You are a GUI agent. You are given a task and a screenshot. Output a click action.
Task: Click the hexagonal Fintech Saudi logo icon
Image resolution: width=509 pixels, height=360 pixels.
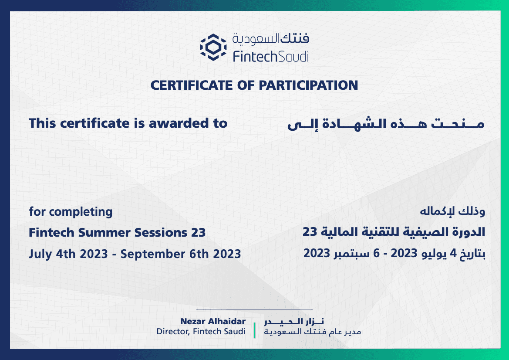click(213, 47)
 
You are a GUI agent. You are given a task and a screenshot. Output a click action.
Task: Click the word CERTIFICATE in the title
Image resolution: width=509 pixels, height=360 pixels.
click(192, 85)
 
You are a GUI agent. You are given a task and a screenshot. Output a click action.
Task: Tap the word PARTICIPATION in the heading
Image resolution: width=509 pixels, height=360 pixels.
click(308, 85)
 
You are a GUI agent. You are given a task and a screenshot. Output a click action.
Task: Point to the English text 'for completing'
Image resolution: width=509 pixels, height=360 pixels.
click(71, 212)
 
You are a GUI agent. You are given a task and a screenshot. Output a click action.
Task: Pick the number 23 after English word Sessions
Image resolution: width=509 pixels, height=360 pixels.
click(199, 233)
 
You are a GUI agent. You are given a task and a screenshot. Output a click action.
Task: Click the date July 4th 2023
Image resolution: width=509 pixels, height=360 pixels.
click(68, 254)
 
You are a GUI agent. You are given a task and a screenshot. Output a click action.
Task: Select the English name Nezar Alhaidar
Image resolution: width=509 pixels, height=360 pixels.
click(213, 321)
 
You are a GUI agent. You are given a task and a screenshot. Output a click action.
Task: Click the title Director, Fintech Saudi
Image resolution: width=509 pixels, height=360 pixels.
click(201, 331)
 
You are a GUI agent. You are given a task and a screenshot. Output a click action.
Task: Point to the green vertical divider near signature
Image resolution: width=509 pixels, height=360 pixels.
click(254, 330)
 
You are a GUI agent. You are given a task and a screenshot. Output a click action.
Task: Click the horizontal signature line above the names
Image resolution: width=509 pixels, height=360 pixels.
click(254, 309)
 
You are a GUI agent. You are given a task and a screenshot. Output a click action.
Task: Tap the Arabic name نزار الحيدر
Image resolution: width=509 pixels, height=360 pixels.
click(294, 322)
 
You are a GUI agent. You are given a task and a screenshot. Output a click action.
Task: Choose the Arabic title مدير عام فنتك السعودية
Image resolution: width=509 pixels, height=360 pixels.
click(312, 332)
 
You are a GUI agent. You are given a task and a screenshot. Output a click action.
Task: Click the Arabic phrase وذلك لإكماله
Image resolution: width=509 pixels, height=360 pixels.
click(452, 211)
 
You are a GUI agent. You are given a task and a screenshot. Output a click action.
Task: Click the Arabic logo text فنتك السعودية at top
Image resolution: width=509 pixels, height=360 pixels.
click(271, 39)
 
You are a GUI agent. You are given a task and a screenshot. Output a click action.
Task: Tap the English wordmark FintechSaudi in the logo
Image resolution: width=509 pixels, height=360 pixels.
click(271, 57)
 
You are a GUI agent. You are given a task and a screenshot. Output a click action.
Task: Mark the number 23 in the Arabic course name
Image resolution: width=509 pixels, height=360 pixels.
click(310, 232)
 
